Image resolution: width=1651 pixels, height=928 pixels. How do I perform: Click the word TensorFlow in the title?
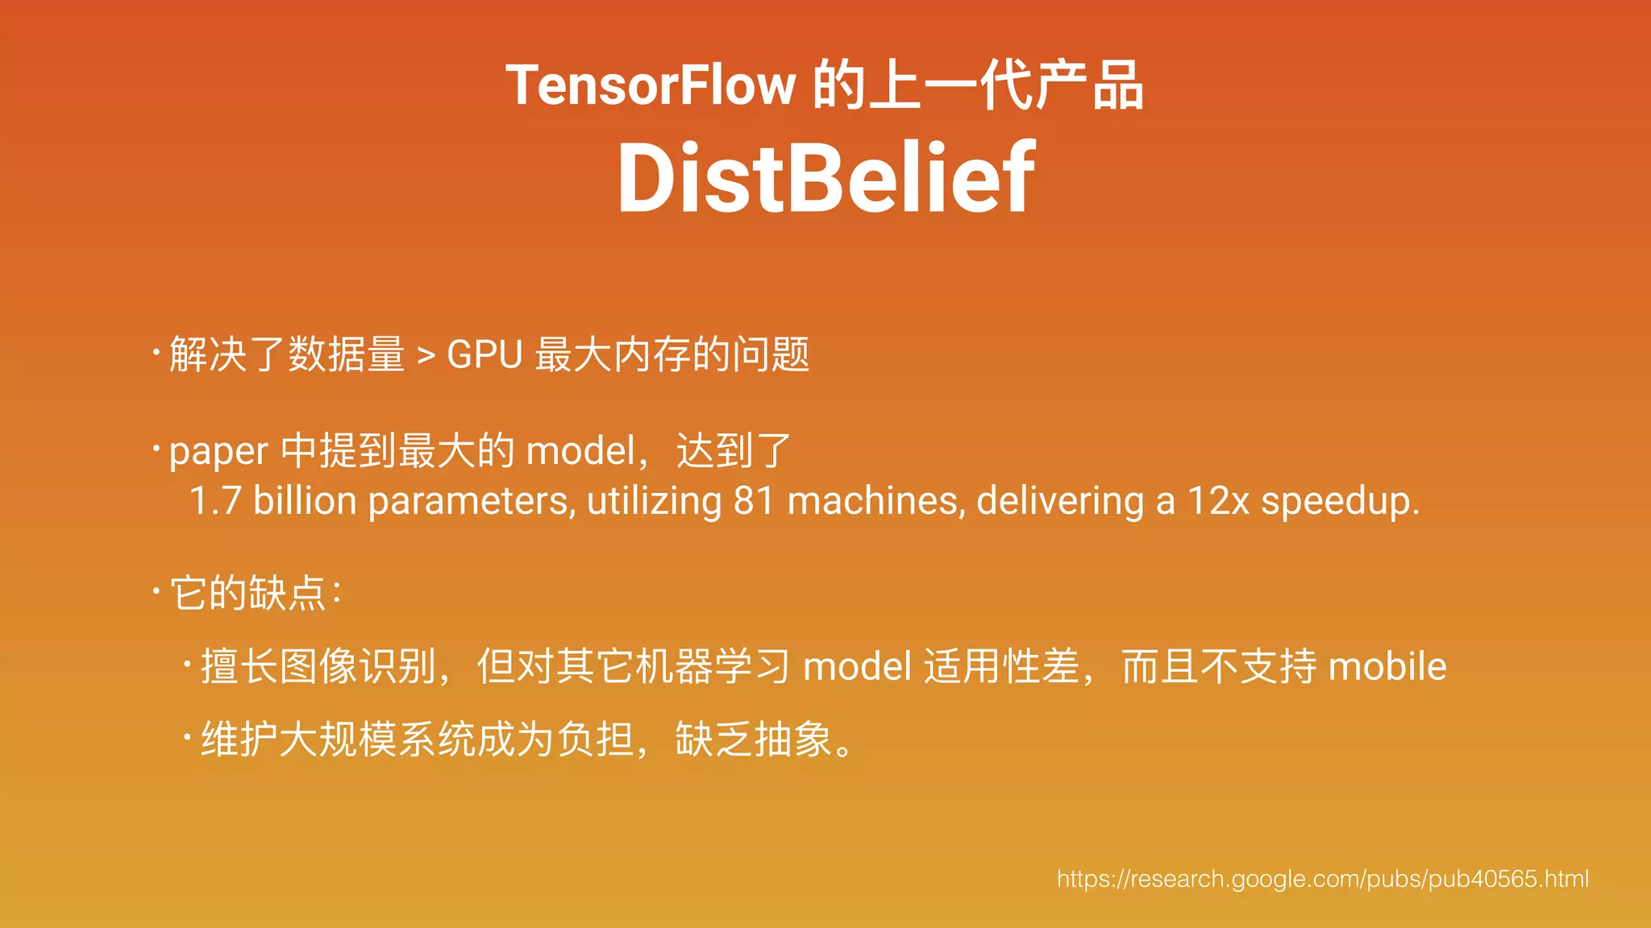[x=651, y=85]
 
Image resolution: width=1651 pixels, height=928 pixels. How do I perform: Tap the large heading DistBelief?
[x=825, y=178]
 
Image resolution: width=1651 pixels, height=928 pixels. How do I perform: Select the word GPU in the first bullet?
[x=484, y=354]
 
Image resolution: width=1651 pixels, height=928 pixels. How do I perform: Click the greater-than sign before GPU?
[x=426, y=355]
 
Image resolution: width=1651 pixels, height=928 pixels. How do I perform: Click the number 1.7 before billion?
[x=214, y=501]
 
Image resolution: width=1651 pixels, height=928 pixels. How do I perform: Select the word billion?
[x=305, y=501]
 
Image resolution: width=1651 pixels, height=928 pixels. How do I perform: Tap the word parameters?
[x=471, y=501]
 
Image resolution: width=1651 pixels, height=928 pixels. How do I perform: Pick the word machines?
[x=875, y=501]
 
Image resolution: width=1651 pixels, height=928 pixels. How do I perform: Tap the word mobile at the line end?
[x=1387, y=667]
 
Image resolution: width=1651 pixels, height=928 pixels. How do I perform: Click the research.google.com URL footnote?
[x=1322, y=879]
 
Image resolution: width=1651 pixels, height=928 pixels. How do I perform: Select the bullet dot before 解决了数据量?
[x=156, y=351]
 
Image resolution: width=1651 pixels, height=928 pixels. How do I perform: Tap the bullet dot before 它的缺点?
[x=156, y=592]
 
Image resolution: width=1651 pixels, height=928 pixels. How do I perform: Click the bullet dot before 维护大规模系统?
[x=186, y=736]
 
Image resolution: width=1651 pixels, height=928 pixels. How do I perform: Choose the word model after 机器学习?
[x=858, y=667]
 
